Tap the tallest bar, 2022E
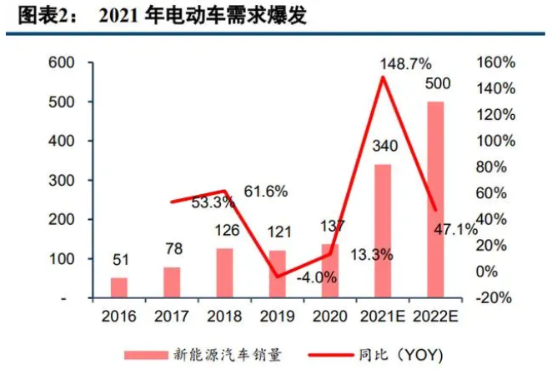point(435,199)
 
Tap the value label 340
point(384,147)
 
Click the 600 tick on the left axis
point(61,62)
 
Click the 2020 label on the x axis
point(329,317)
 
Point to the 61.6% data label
point(266,192)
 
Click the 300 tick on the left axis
point(61,180)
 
